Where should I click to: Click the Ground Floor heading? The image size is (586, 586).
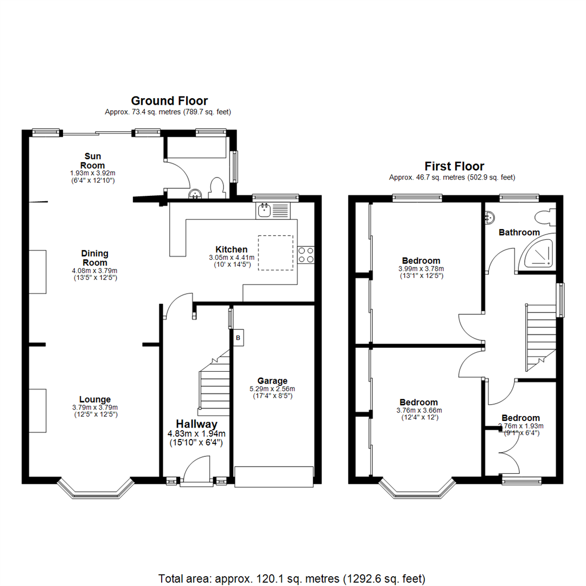pyautogui.click(x=169, y=101)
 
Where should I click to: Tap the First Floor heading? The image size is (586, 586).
pyautogui.click(x=454, y=167)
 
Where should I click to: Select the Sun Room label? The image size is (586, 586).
pyautogui.click(x=93, y=161)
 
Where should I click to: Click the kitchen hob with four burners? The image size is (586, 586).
pyautogui.click(x=305, y=255)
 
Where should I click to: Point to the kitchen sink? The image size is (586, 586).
pyautogui.click(x=273, y=210)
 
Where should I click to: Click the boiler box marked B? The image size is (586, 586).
pyautogui.click(x=238, y=338)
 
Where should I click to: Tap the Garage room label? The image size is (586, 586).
pyautogui.click(x=272, y=381)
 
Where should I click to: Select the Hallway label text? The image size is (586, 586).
pyautogui.click(x=196, y=424)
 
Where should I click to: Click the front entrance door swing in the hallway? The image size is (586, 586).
pyautogui.click(x=197, y=470)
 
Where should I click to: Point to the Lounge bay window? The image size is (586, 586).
pyautogui.click(x=95, y=489)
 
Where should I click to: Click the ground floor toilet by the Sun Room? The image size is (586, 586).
pyautogui.click(x=216, y=188)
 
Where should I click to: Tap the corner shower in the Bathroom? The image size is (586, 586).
pyautogui.click(x=536, y=253)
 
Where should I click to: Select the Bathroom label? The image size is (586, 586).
pyautogui.click(x=519, y=232)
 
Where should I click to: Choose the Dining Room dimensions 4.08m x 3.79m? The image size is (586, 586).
pyautogui.click(x=94, y=271)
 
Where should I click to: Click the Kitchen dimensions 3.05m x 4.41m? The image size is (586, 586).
pyautogui.click(x=232, y=258)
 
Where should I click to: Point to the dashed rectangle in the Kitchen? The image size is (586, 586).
pyautogui.click(x=276, y=253)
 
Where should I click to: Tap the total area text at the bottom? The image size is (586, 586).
pyautogui.click(x=292, y=578)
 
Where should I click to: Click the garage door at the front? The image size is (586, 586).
pyautogui.click(x=274, y=476)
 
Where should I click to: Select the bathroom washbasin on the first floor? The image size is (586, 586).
pyautogui.click(x=490, y=217)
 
